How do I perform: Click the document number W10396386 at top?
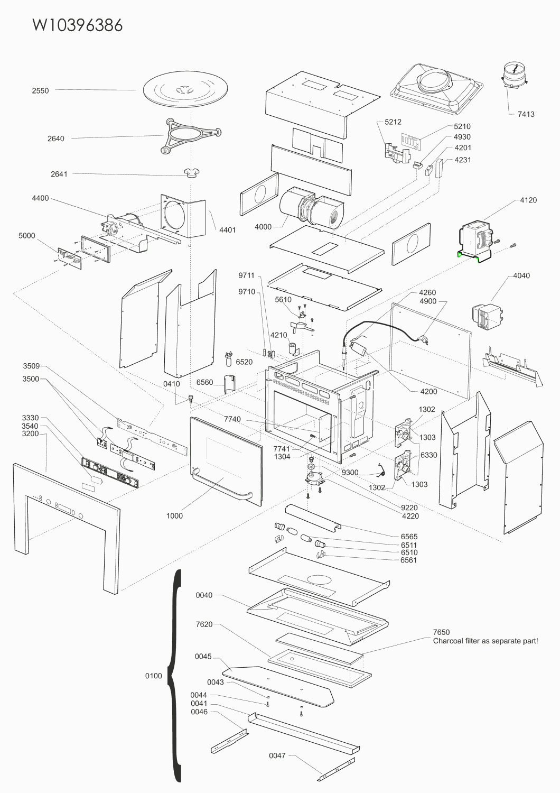pos(78,25)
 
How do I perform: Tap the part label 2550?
pos(40,91)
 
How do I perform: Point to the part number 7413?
pos(526,114)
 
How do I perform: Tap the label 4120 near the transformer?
pos(528,200)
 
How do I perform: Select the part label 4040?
pos(521,276)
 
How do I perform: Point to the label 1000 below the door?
pos(174,516)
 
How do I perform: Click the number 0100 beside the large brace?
pos(154,676)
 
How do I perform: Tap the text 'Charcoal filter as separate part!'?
pos(486,641)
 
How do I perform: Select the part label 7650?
pos(442,632)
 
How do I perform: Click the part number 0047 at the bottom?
pos(277,756)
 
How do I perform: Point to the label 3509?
pos(32,366)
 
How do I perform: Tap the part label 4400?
pos(40,198)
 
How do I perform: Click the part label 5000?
pos(27,236)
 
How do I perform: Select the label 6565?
pos(409,537)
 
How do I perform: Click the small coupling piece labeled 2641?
pos(192,173)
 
